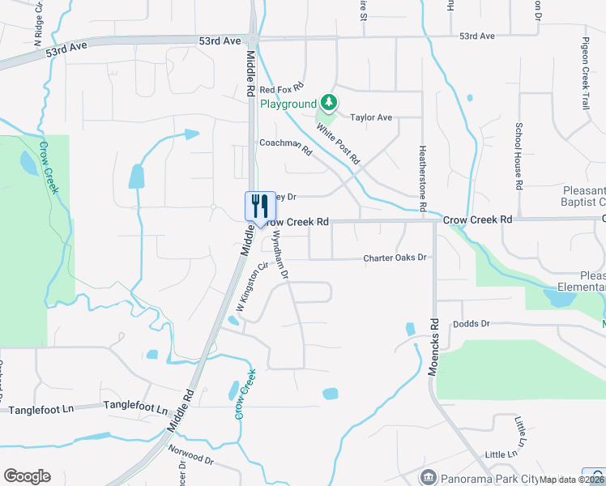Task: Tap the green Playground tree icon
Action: pyautogui.click(x=328, y=103)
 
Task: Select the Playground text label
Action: pyautogui.click(x=288, y=104)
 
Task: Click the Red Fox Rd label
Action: pyautogui.click(x=282, y=87)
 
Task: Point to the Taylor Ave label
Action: pyautogui.click(x=371, y=117)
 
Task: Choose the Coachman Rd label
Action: pyautogui.click(x=285, y=144)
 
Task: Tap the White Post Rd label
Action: pyautogui.click(x=337, y=141)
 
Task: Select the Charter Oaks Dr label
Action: pyautogui.click(x=395, y=258)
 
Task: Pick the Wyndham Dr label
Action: pyautogui.click(x=280, y=254)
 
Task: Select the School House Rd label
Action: pyautogui.click(x=519, y=156)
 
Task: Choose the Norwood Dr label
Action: pyautogui.click(x=190, y=455)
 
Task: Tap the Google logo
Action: pyautogui.click(x=27, y=475)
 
